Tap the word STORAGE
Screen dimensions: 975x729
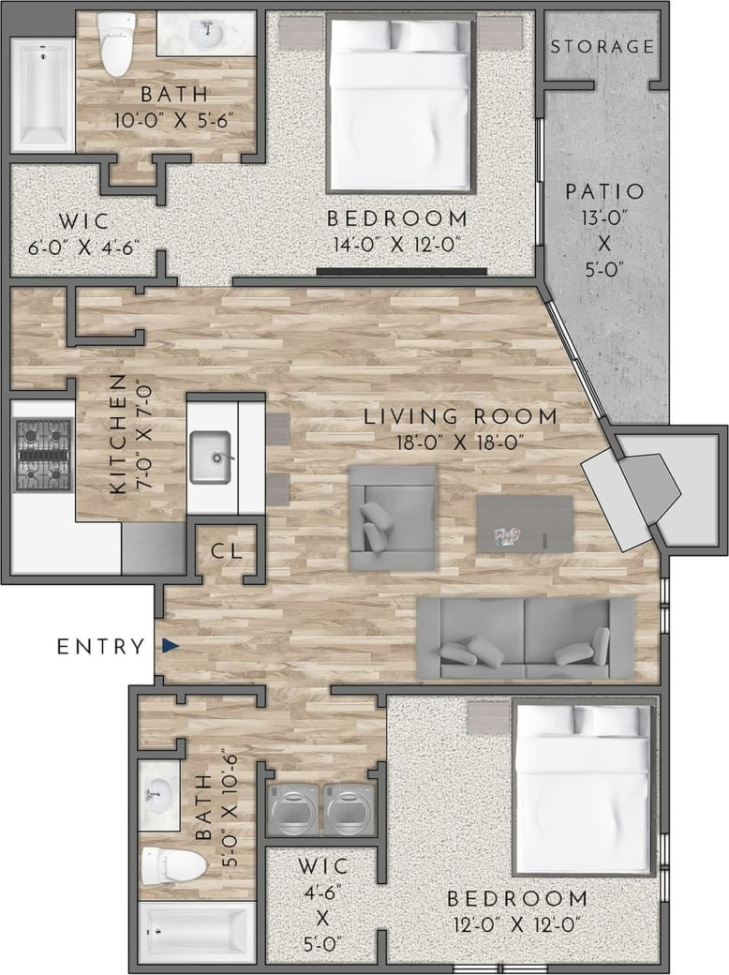[x=601, y=46]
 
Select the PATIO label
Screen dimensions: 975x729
[x=604, y=191]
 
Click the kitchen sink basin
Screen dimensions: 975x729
[x=213, y=457]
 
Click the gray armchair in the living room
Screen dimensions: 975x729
[x=392, y=517]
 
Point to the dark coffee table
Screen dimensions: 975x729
[x=524, y=523]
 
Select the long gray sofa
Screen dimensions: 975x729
[x=525, y=637]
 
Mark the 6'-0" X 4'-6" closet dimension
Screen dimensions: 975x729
[x=83, y=250]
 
